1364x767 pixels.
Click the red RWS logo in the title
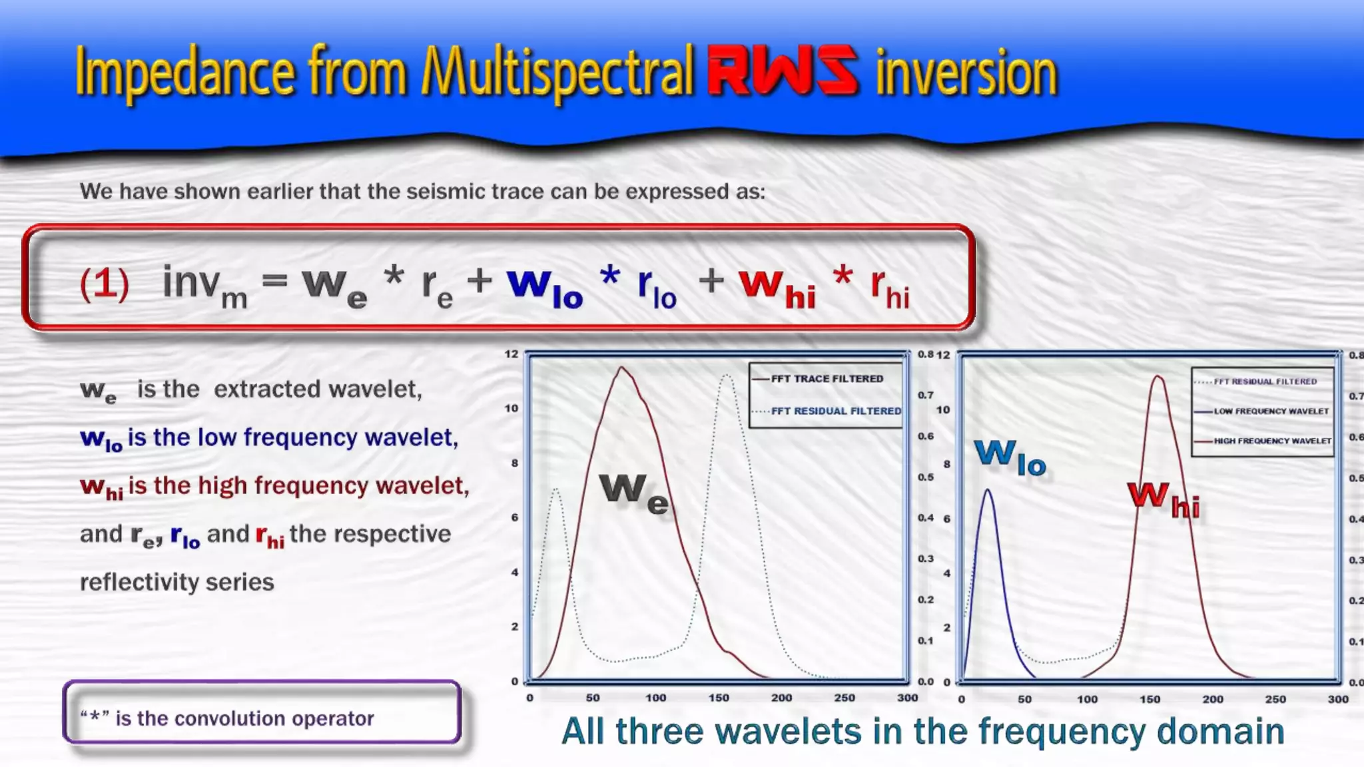click(783, 71)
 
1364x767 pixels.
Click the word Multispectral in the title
click(558, 72)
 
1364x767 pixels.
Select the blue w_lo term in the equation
click(545, 287)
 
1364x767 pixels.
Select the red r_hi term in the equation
click(890, 288)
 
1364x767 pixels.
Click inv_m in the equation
click(204, 286)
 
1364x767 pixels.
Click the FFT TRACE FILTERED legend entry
click(827, 379)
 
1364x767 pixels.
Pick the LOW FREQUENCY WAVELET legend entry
click(1271, 411)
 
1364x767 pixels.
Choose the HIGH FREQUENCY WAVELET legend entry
click(1272, 441)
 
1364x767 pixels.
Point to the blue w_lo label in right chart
click(1010, 457)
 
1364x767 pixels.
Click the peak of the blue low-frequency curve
click(988, 491)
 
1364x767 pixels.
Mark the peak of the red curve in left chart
click(622, 368)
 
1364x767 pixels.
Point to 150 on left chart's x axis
click(719, 698)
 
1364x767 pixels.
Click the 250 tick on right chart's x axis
click(1275, 699)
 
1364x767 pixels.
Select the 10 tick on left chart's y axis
click(511, 408)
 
